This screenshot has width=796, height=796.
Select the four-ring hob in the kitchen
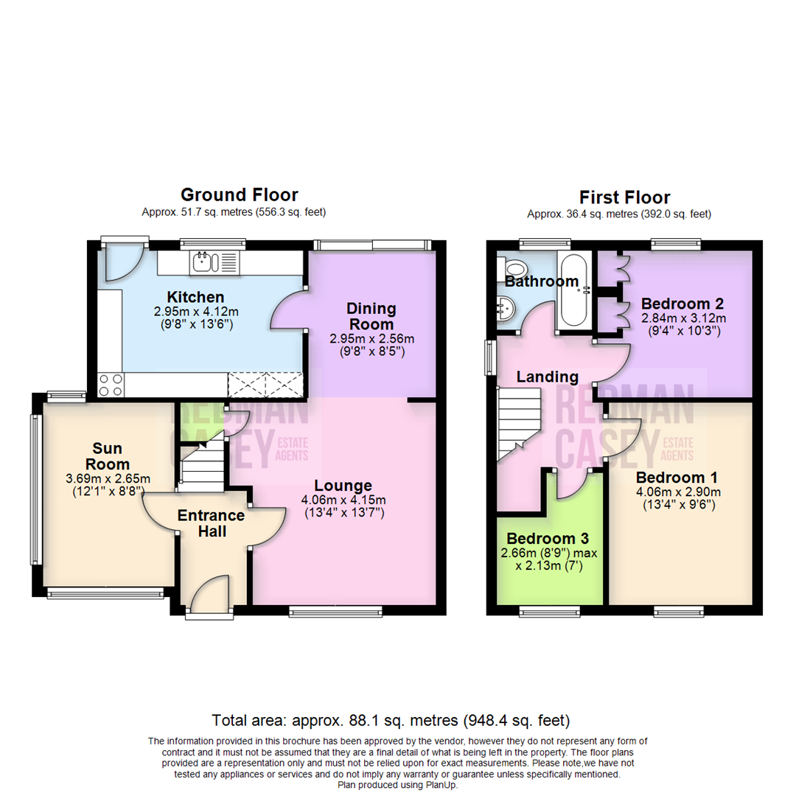tap(110, 384)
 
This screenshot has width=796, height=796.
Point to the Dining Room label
tap(372, 315)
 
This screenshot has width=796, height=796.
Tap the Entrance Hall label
tap(211, 523)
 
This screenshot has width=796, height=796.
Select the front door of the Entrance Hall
tap(211, 593)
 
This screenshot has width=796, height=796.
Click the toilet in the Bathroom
tap(514, 267)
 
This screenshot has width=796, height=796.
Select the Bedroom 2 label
tap(682, 304)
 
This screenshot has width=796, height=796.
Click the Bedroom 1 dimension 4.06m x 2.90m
tap(678, 492)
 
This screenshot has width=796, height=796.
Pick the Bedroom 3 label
tap(548, 538)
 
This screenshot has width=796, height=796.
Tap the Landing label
tap(547, 377)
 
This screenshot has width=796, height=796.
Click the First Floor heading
tap(624, 198)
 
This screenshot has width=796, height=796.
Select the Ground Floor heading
tap(240, 195)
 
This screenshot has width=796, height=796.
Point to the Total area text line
tap(391, 719)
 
